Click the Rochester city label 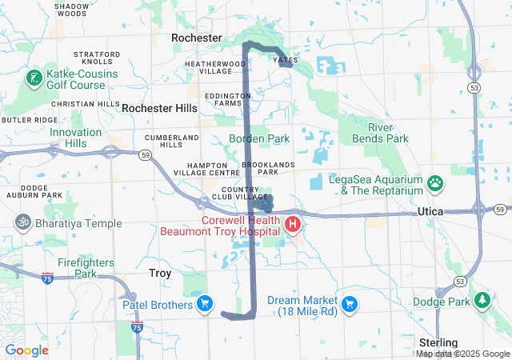point(197,38)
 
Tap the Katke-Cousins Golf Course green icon point(34,78)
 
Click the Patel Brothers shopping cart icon point(206,304)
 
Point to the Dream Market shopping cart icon point(349,304)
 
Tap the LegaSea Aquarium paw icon point(435,184)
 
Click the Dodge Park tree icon point(482,301)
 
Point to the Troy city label point(160,274)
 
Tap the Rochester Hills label point(159,107)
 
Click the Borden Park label point(259,138)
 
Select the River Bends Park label point(387,133)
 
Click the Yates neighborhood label point(286,60)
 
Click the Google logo point(26,350)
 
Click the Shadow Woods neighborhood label point(72,10)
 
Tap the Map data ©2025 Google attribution point(463,354)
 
